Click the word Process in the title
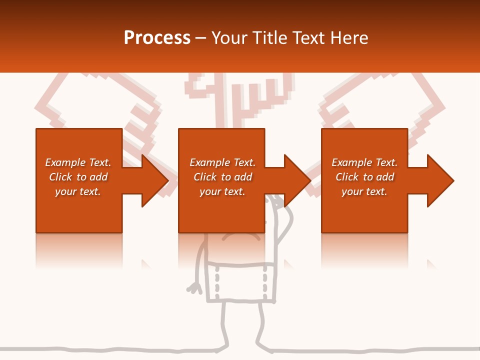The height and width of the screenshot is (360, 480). point(157,38)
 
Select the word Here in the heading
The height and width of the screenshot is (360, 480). point(349,38)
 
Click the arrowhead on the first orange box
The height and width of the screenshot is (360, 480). point(152,180)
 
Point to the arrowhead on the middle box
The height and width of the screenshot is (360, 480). point(295,180)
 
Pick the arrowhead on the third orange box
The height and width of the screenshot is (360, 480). point(438,180)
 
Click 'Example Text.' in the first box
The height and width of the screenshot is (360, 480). point(78,162)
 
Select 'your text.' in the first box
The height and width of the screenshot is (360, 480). point(78,191)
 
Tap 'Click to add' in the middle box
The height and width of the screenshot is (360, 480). point(222,177)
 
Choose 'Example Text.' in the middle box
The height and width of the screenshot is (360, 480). point(222,162)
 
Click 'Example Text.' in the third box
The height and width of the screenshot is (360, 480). point(364,162)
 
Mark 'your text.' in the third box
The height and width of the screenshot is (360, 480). point(364,191)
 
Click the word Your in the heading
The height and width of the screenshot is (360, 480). point(229,38)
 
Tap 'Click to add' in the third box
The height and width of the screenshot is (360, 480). point(364,177)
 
